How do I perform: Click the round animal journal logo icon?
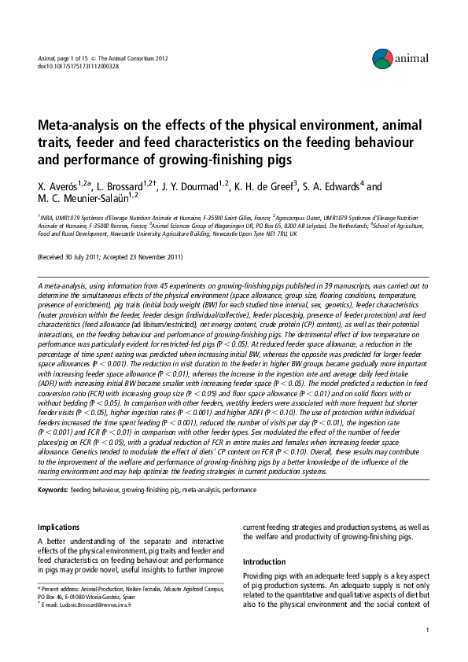click(x=382, y=57)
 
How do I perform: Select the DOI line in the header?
click(x=78, y=66)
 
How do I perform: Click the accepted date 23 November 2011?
click(x=156, y=257)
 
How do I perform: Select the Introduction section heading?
click(x=265, y=562)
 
